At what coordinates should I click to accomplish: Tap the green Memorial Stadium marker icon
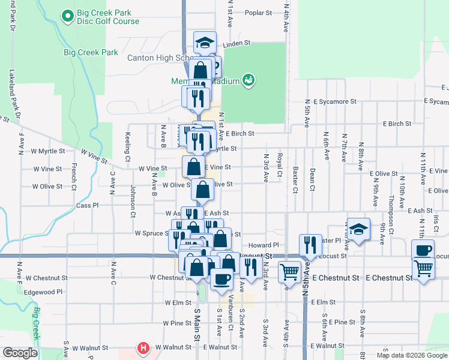[248, 79]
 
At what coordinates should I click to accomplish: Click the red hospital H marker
[143, 347]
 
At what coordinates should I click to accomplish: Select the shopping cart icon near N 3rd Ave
[290, 271]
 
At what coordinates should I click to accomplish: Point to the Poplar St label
[258, 12]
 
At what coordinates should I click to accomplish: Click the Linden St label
[236, 44]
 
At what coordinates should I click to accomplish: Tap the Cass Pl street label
[87, 205]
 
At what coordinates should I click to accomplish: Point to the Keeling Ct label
[128, 147]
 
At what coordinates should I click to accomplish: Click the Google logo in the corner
[20, 352]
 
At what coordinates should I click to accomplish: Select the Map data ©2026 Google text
[411, 355]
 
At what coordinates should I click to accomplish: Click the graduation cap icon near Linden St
[205, 42]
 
